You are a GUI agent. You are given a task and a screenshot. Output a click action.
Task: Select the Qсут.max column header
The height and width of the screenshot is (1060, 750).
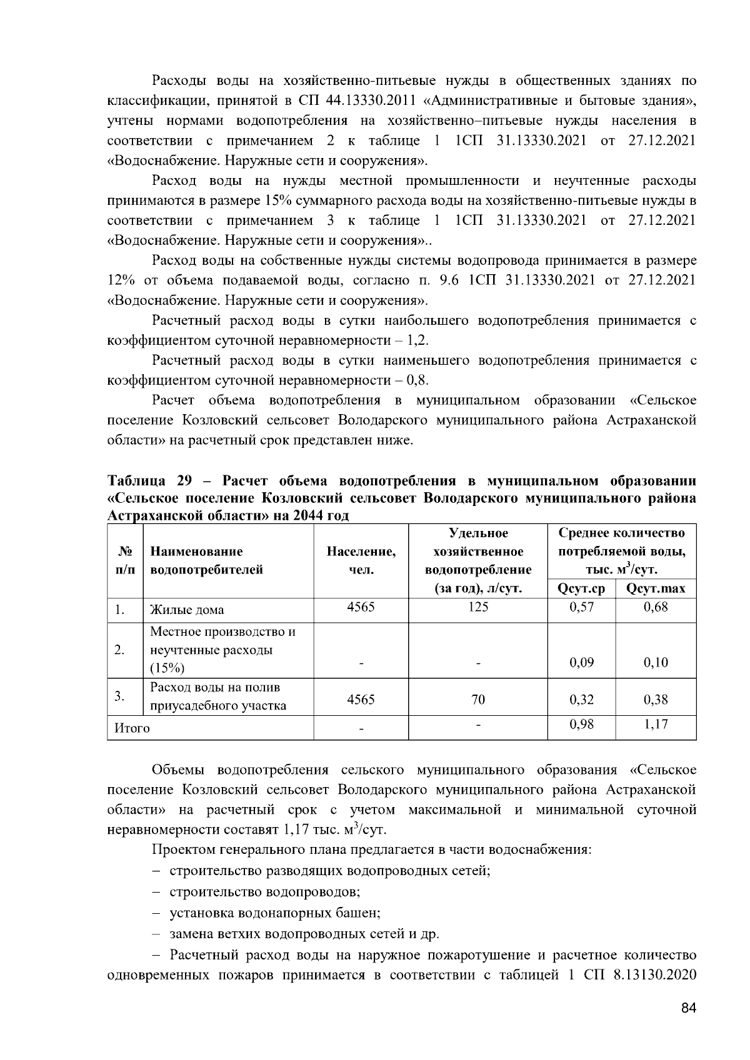pos(655,588)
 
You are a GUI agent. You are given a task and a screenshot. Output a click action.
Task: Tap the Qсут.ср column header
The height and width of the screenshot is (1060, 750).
pos(581,588)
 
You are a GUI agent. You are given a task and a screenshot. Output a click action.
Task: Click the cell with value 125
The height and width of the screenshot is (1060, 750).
pos(478,607)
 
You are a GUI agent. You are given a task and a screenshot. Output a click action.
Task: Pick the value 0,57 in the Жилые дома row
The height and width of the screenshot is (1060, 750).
pos(581,607)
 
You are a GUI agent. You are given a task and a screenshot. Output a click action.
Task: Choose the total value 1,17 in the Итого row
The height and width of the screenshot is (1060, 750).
pos(656,724)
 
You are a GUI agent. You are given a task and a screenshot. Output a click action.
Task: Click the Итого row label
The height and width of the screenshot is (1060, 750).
pos(132,728)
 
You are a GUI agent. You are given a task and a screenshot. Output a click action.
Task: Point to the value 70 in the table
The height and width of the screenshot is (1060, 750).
pos(478,700)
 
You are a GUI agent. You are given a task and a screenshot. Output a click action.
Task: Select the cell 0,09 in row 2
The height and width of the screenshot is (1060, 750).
pos(581,663)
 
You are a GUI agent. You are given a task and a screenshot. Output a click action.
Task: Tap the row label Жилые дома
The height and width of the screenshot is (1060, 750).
pos(187,610)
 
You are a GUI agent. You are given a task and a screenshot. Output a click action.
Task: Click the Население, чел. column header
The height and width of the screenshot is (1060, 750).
pos(361,560)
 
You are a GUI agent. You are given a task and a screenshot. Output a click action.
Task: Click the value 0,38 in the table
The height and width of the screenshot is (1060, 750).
pos(656,700)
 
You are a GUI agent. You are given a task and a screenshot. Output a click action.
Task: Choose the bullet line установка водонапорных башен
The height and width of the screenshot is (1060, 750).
pos(275,913)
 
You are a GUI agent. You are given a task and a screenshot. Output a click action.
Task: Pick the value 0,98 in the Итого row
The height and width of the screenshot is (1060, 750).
pos(581,724)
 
